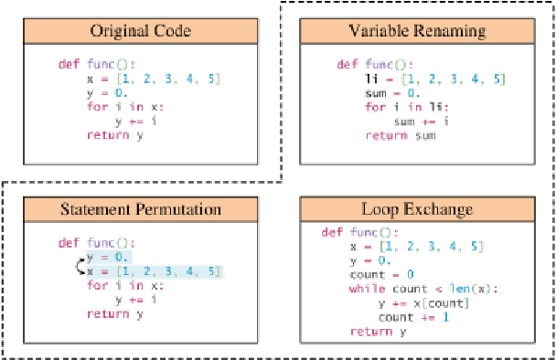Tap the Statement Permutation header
pyautogui.click(x=140, y=209)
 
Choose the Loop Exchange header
pyautogui.click(x=418, y=209)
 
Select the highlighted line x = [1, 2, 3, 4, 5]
pyautogui.click(x=153, y=271)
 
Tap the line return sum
pyautogui.click(x=400, y=135)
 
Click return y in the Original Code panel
pyautogui.click(x=115, y=135)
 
